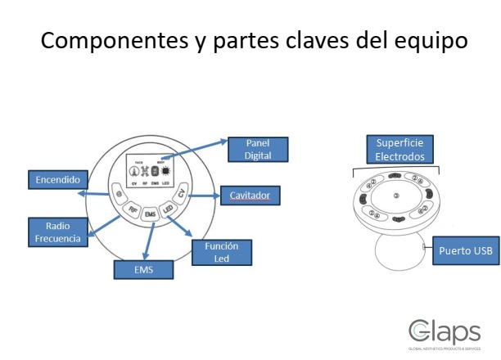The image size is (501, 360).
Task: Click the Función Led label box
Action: pyautogui.click(x=222, y=252)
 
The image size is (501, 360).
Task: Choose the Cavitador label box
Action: pyautogui.click(x=249, y=196)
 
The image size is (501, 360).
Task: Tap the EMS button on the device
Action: pyautogui.click(x=150, y=214)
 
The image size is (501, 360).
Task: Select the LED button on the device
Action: pyautogui.click(x=169, y=209)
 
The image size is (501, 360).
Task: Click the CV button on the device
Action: pyautogui.click(x=183, y=193)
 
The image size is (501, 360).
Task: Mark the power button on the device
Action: pyautogui.click(x=120, y=195)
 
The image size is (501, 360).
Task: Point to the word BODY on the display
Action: pyautogui.click(x=161, y=160)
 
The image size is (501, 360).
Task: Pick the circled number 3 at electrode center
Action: pyautogui.click(x=395, y=196)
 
